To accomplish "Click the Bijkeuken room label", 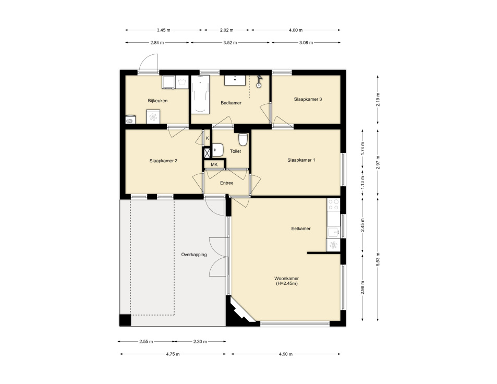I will point(157,101).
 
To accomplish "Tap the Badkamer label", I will point(231,103).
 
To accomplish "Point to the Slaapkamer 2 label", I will point(163,161).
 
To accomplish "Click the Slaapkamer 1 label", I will point(301,160).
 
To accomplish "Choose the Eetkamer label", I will point(301,229).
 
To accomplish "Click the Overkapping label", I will point(194,255).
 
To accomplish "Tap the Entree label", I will point(226,183).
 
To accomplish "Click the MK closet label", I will point(214,165).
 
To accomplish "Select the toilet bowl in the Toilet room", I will point(243,140).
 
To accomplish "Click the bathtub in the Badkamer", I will point(200,94).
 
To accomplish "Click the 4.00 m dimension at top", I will point(296,30).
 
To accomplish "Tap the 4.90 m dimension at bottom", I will point(285,354).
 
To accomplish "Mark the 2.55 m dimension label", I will point(146,342).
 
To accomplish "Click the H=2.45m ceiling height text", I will point(288,283).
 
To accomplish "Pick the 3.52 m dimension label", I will point(230,43).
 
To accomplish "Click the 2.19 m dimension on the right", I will point(377,99).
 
